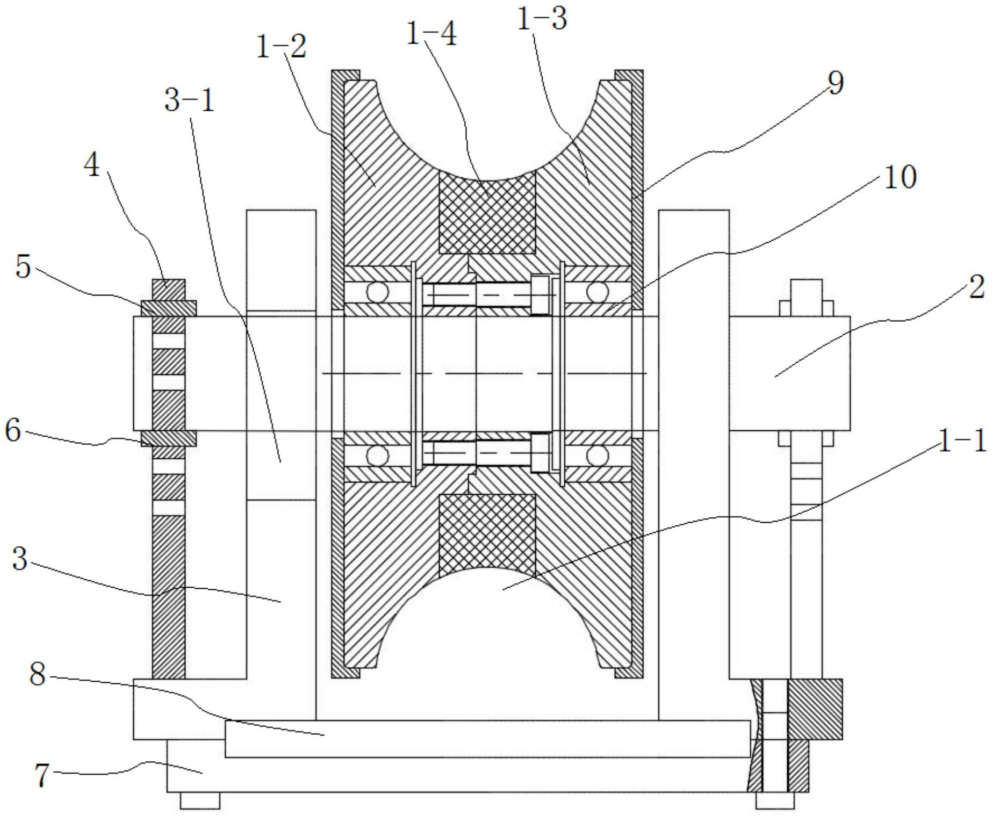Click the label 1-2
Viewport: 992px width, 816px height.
click(281, 47)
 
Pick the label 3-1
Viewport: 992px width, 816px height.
click(189, 100)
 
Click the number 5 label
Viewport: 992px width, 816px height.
click(23, 267)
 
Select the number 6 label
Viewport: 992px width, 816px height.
click(13, 431)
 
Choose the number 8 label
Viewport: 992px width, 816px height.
click(37, 674)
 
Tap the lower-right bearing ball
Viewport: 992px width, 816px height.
click(596, 456)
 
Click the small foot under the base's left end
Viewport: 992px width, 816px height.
click(199, 800)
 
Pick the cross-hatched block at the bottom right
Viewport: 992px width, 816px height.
click(815, 709)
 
